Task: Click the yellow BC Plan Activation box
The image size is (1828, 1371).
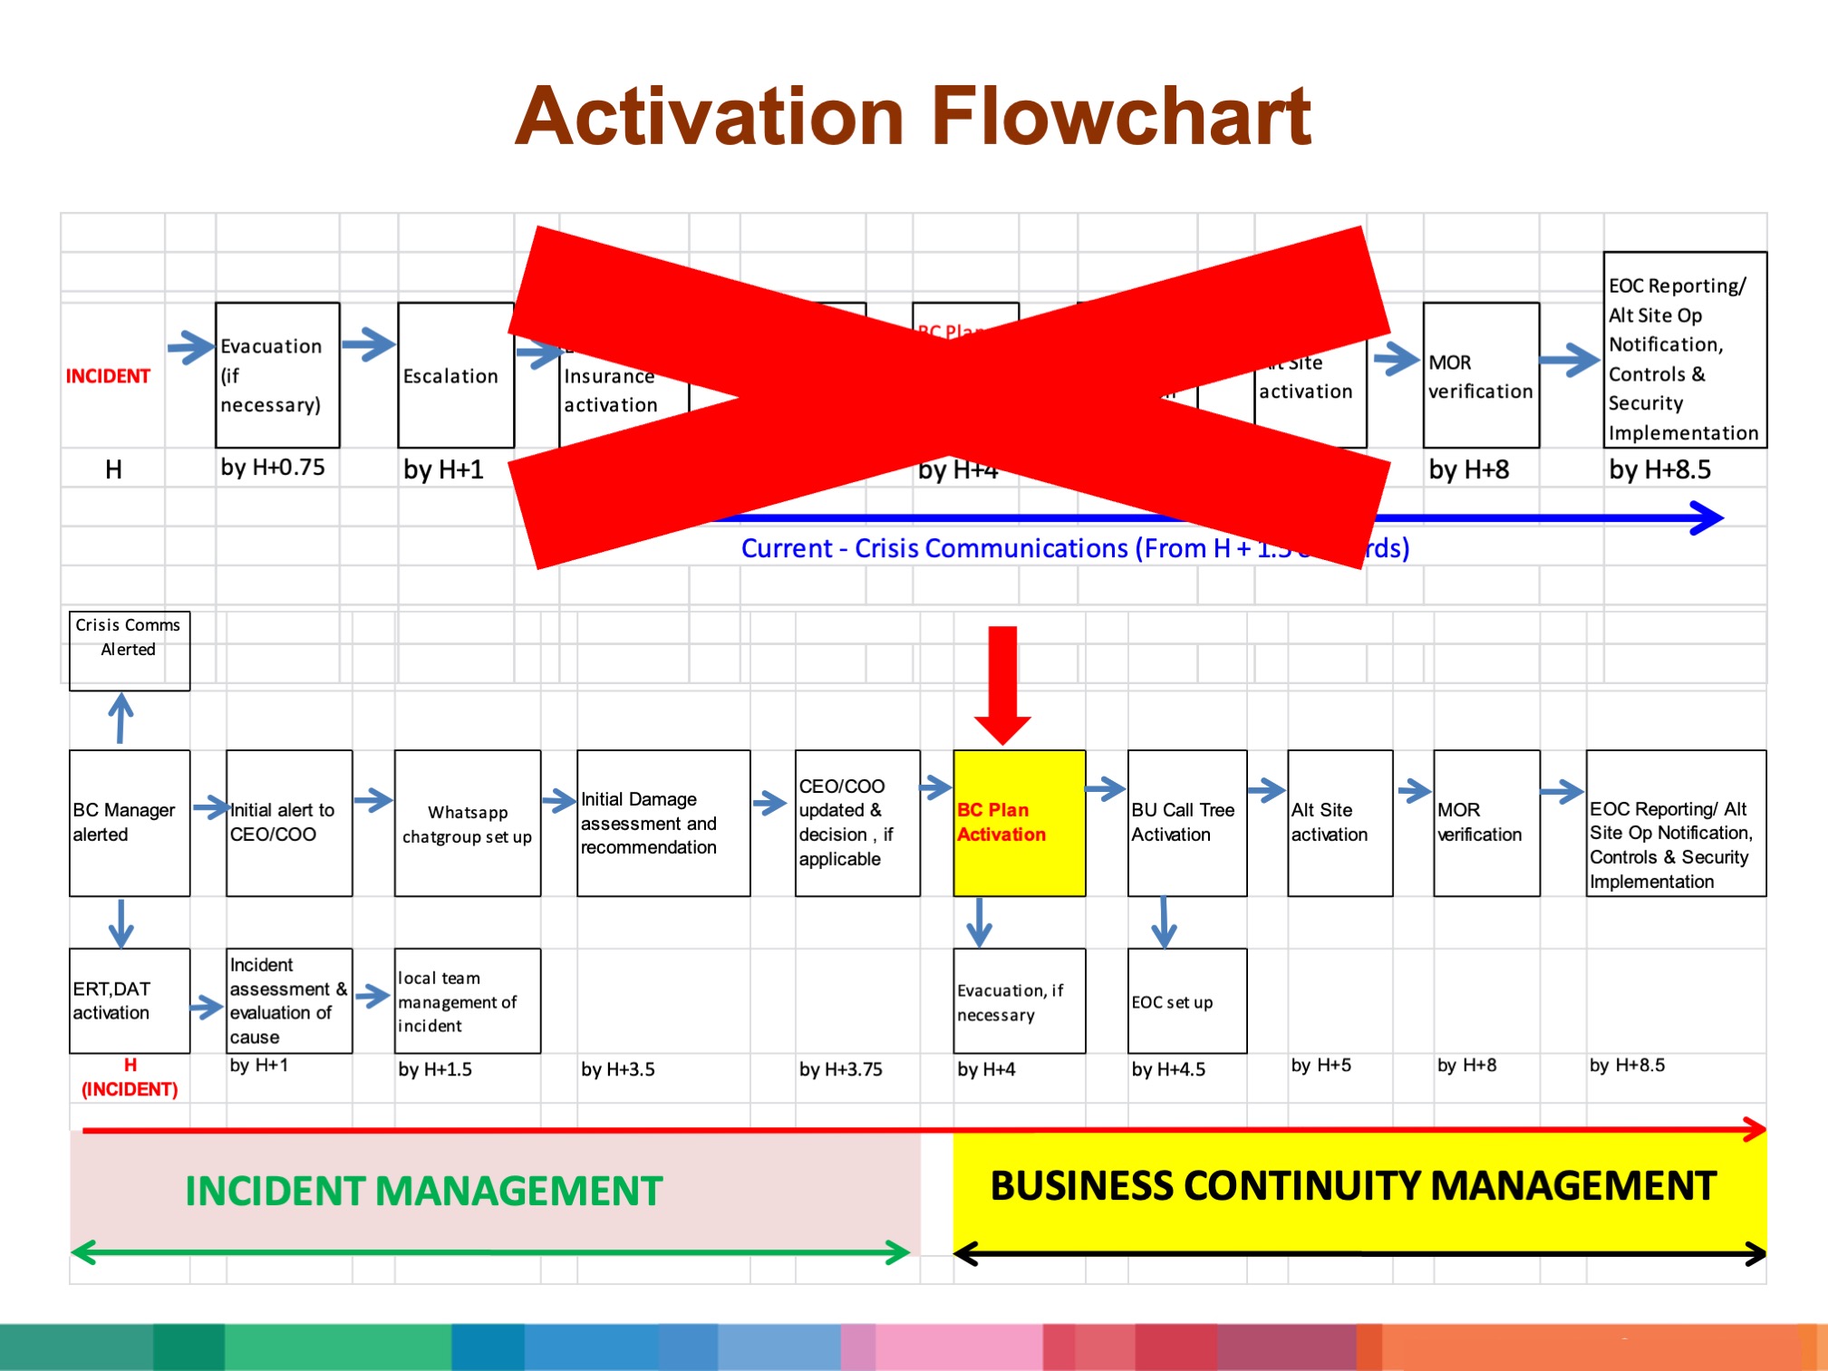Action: [x=1019, y=823]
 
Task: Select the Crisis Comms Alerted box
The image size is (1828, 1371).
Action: [x=129, y=650]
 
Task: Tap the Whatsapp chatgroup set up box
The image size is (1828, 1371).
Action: [x=467, y=823]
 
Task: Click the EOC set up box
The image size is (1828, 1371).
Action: [x=1186, y=1000]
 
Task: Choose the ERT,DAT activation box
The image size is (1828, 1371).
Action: [x=129, y=1000]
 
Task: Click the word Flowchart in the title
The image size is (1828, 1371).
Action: [x=1121, y=116]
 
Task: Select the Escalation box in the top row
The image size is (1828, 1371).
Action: [x=455, y=375]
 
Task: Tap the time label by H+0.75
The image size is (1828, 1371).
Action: [x=272, y=468]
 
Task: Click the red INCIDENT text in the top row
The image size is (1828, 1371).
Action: [x=108, y=376]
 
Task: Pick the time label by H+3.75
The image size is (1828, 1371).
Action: [x=840, y=1069]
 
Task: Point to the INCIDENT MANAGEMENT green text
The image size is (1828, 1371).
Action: [x=423, y=1191]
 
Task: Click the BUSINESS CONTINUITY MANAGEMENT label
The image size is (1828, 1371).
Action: [x=1353, y=1185]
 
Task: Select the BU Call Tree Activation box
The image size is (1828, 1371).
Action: [x=1186, y=823]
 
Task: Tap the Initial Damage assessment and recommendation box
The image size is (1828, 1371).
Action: [x=663, y=823]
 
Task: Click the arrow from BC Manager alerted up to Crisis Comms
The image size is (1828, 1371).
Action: [x=121, y=719]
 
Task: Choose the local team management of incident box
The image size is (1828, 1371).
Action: [x=467, y=1000]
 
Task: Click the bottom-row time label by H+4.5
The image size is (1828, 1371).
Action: [x=1168, y=1069]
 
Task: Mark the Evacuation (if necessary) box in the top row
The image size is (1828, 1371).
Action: [x=276, y=375]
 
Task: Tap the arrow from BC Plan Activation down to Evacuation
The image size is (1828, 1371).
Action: [x=979, y=922]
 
